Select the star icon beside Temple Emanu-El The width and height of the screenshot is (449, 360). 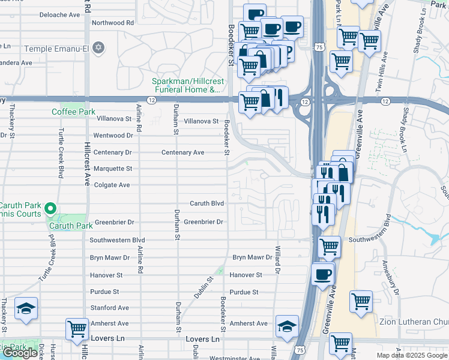point(100,47)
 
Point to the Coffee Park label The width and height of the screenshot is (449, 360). point(73,112)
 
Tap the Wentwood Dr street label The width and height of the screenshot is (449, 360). point(113,136)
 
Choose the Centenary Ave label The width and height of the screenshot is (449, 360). point(182,152)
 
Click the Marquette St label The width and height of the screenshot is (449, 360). point(112,169)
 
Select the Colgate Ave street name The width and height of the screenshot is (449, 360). point(112,185)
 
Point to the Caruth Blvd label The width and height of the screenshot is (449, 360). point(207,203)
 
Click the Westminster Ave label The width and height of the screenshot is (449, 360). point(235,355)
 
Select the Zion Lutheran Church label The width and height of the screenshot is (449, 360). point(414,322)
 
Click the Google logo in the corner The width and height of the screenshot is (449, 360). point(20,353)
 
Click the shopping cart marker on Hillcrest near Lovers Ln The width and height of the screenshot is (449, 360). point(77,329)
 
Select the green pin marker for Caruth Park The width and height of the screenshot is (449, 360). point(51,209)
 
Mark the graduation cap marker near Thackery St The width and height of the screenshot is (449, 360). point(26,308)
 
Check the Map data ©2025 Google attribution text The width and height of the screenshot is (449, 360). point(412,355)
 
